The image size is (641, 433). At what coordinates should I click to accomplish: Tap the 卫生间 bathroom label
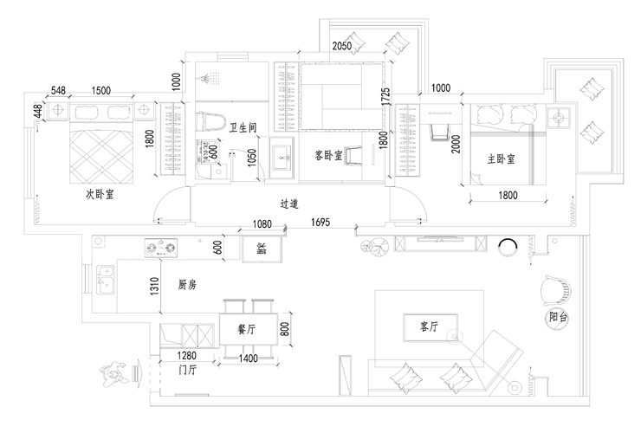243,128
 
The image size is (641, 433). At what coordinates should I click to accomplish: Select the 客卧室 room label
328,156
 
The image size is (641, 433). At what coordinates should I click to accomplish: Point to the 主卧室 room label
500,159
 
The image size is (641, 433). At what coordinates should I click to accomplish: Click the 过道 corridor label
289,204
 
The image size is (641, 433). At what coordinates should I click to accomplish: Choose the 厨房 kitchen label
186,284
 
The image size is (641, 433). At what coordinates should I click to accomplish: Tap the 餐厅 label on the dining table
246,329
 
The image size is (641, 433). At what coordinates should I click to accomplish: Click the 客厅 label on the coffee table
430,326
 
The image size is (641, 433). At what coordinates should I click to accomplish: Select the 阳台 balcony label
559,318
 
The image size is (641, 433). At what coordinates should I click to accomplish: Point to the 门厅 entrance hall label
187,370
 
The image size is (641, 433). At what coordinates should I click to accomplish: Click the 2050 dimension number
342,47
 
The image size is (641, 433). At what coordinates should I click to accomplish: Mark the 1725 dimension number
385,96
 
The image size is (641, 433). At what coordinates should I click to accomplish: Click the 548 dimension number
59,90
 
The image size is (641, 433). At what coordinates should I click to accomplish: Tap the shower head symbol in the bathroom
208,78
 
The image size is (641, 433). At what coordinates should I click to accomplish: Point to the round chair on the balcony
554,289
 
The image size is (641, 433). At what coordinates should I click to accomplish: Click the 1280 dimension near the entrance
188,356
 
